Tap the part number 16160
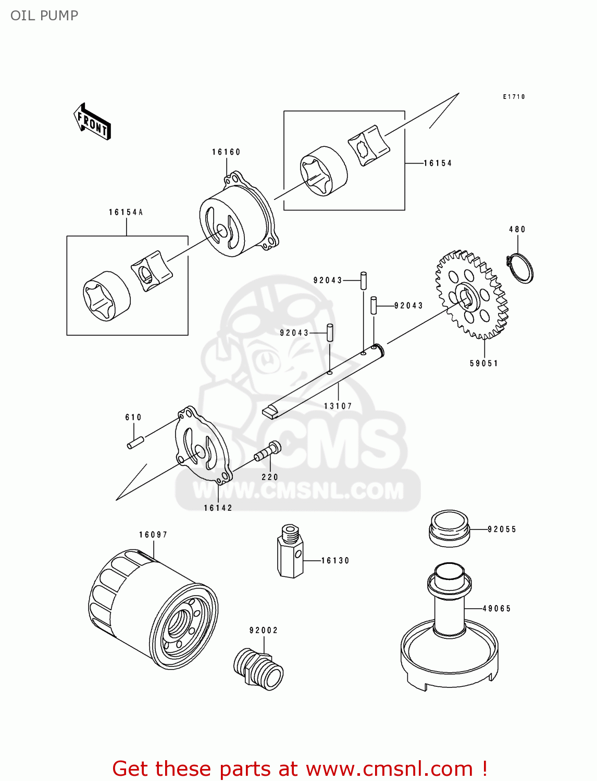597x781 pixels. [226, 152]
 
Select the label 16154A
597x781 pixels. [126, 212]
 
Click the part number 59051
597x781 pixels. [484, 363]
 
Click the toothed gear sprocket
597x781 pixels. [471, 295]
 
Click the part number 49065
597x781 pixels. [496, 608]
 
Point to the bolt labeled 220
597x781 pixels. [268, 451]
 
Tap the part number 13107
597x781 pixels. [338, 406]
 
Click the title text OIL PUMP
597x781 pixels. [44, 16]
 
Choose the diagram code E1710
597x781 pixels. [514, 97]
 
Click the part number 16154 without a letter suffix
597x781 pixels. [438, 163]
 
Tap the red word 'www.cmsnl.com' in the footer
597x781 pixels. [389, 769]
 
